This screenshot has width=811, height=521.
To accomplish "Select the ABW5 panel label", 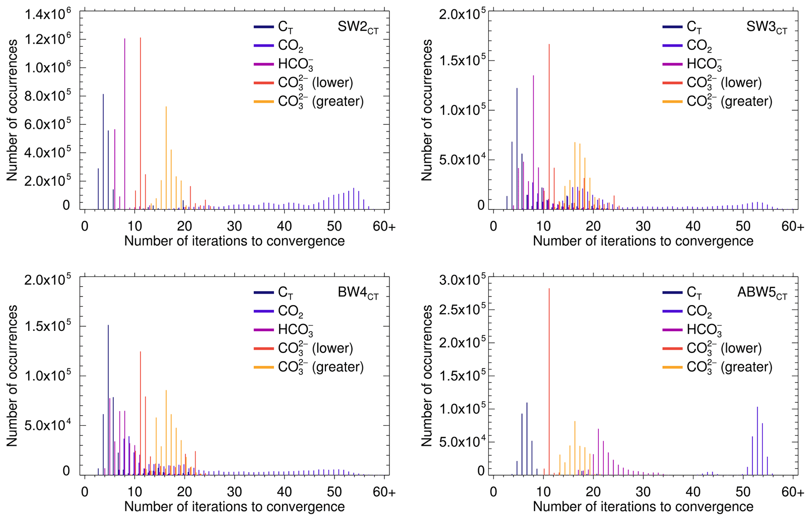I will pos(762,293).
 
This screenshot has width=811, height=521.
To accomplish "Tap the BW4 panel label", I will pos(358,293).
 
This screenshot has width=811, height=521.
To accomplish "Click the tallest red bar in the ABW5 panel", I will pos(549,380).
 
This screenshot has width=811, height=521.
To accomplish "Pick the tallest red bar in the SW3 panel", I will pos(549,125).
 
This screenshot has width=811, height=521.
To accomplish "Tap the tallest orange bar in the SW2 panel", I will pos(166,157).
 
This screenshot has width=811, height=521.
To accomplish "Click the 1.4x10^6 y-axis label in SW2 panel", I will pos(47,15).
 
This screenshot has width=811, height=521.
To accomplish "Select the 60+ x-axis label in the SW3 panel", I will pos(793,227).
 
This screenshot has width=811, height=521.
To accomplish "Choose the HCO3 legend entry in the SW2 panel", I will pos(295,64).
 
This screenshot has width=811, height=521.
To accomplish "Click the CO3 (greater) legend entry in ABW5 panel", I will pos(729,367).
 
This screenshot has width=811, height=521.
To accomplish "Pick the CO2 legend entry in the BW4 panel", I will pos(290,312).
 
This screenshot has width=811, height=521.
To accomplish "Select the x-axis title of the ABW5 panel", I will pos(643,506).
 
